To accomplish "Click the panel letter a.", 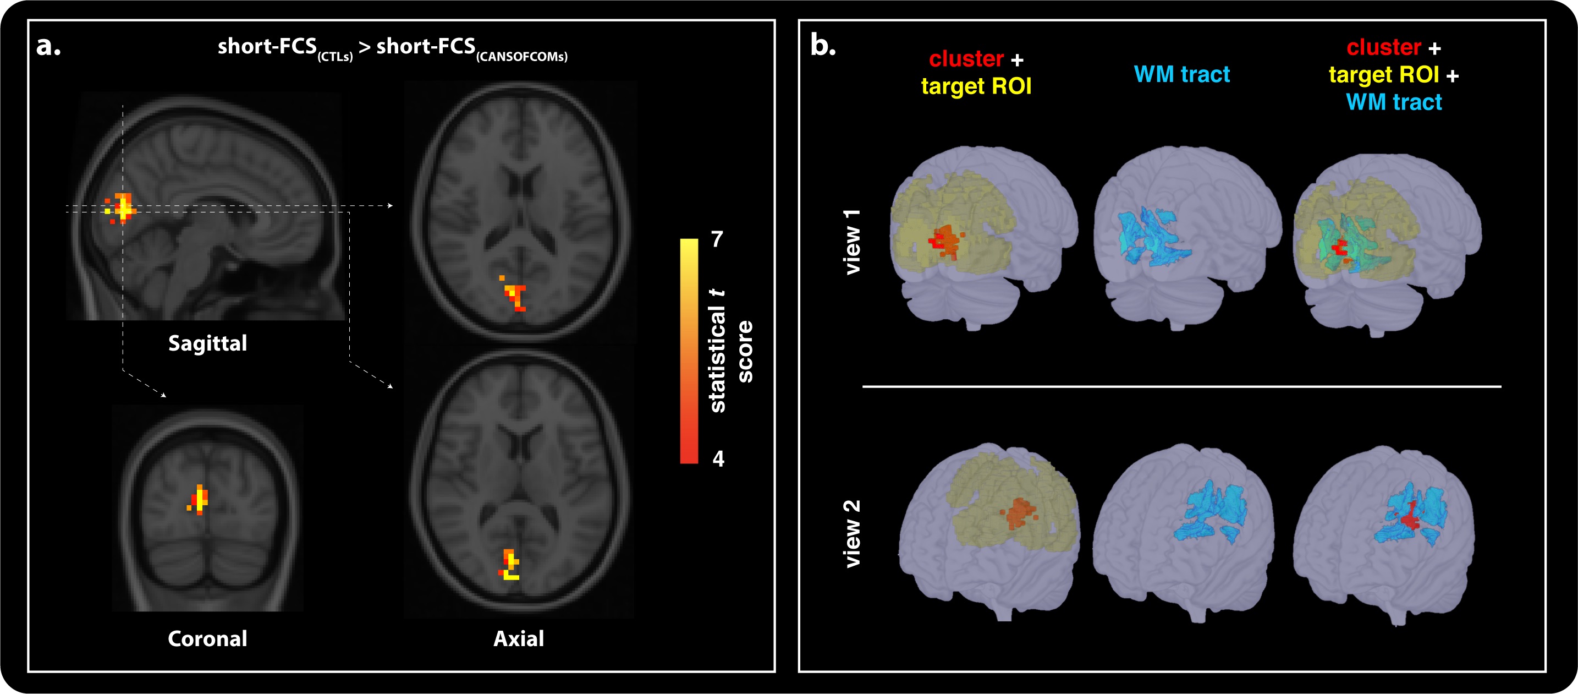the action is (x=48, y=46).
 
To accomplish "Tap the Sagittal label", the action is (x=208, y=343).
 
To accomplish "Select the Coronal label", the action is (x=208, y=639).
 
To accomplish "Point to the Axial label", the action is (x=518, y=639).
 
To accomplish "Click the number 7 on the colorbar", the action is (x=717, y=239).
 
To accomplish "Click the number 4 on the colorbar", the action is (x=718, y=458).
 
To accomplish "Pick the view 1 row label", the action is (x=852, y=242).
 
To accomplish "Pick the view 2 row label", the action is (x=852, y=533).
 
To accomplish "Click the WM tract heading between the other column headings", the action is (x=1181, y=74).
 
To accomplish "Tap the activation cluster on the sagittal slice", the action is (x=123, y=207).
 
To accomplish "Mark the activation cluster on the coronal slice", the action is (x=199, y=499).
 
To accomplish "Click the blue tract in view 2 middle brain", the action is (x=1210, y=512).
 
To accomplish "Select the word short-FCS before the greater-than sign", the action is (x=267, y=46).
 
